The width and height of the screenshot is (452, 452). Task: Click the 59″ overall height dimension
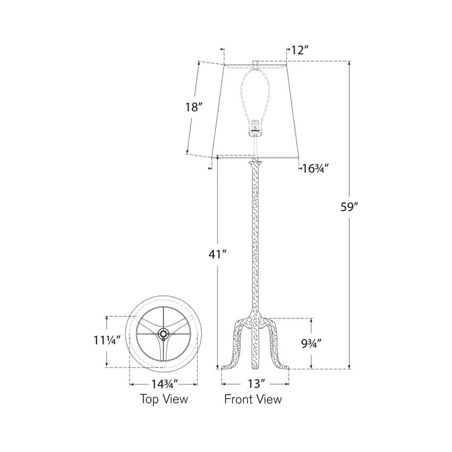point(350,207)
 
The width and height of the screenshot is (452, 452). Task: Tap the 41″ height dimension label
point(218,254)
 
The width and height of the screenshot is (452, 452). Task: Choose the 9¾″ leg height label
point(311,344)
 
